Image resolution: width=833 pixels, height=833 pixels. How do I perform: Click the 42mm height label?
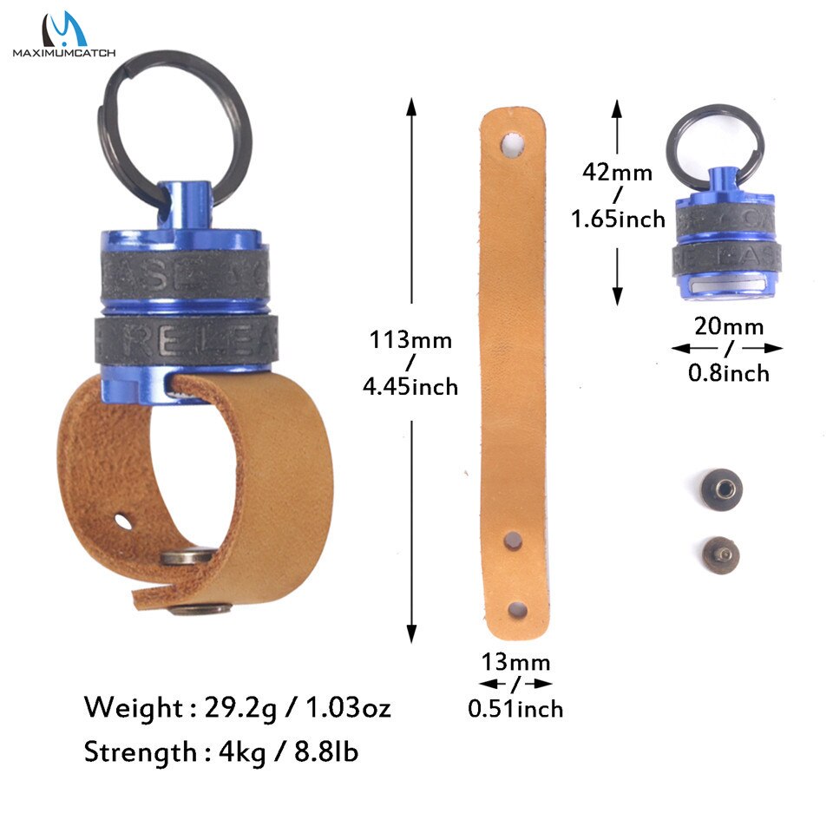[x=618, y=172]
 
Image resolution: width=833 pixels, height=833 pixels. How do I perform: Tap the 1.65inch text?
[x=618, y=218]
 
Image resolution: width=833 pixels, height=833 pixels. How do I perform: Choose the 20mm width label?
[x=728, y=326]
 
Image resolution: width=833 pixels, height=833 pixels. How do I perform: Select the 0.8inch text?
[x=728, y=373]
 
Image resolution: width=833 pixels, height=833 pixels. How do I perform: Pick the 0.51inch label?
[x=515, y=708]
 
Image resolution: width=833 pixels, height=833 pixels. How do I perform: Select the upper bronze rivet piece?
[x=717, y=482]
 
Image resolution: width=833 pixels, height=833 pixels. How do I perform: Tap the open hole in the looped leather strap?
[x=125, y=521]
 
